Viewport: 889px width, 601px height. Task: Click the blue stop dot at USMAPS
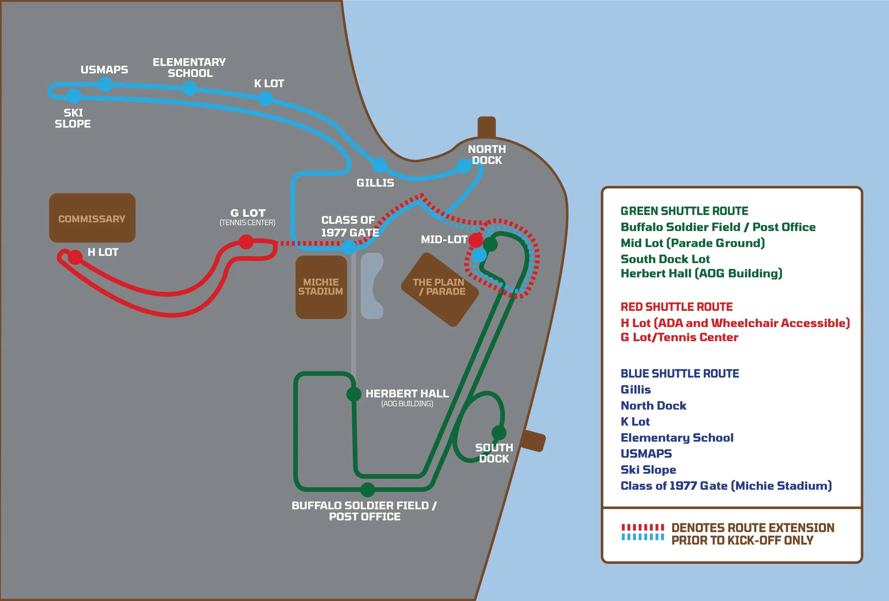point(105,85)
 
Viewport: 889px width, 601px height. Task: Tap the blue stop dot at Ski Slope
point(74,96)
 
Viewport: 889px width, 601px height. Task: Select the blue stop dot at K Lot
point(266,98)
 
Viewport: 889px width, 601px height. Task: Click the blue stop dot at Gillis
point(379,165)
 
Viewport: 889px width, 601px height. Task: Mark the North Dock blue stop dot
point(464,166)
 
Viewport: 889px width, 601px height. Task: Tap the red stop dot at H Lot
point(75,257)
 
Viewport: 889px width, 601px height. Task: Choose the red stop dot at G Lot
point(246,242)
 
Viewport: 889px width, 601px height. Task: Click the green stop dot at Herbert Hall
point(354,394)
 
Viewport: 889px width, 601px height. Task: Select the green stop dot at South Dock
point(499,433)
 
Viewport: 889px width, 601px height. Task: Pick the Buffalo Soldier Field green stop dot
point(367,489)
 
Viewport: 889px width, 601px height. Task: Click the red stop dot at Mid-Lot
point(476,240)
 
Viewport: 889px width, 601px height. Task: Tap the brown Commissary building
point(92,218)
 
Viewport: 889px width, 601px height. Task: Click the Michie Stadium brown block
point(321,287)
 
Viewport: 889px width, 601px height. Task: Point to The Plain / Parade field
point(440,289)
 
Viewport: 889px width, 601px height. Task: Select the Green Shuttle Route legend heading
point(684,211)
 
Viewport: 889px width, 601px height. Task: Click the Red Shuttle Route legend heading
point(677,307)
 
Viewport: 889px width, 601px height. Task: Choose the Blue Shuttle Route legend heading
point(680,373)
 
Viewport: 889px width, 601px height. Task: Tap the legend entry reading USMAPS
point(646,454)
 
